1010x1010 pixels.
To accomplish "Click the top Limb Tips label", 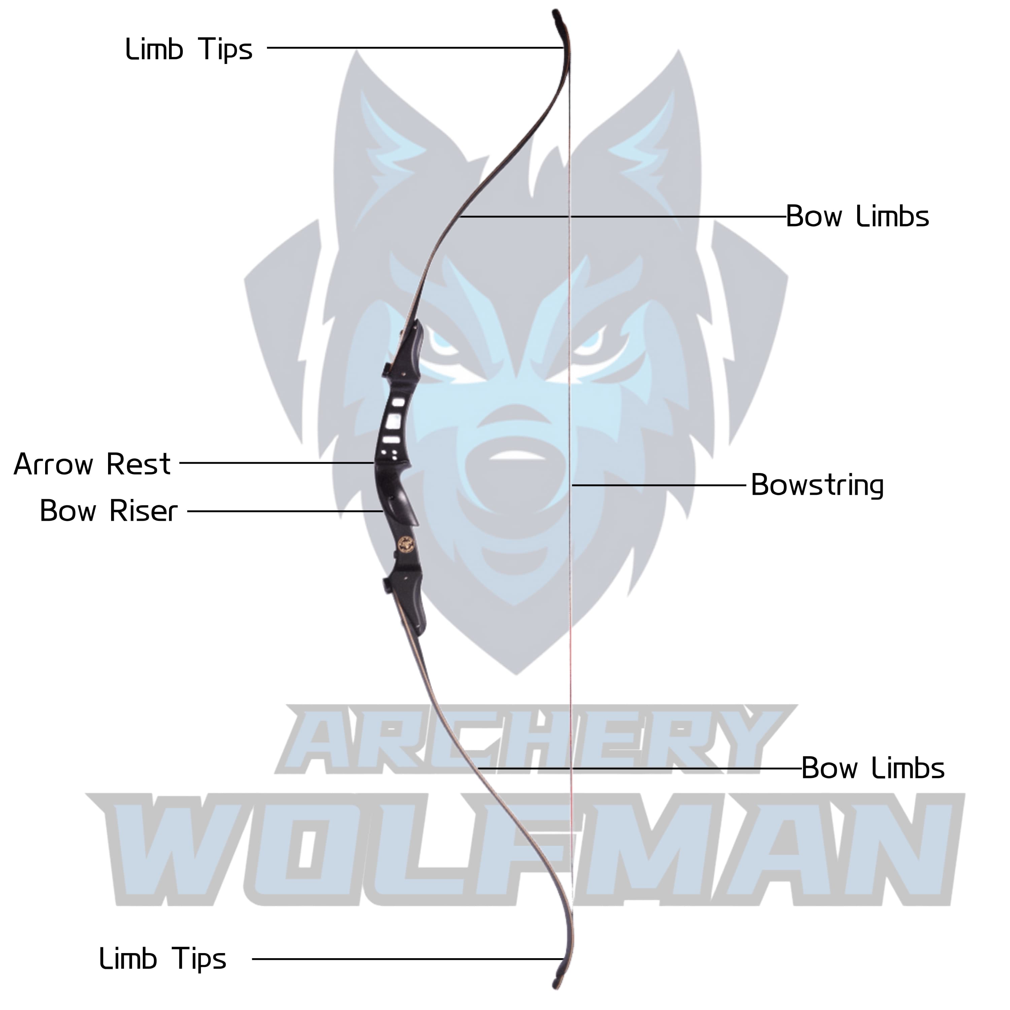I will (189, 50).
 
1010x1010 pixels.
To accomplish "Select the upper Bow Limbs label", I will (857, 216).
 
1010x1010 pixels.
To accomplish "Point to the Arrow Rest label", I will (92, 464).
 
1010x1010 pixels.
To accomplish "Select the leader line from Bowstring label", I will (659, 485).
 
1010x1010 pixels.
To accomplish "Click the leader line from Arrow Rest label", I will (277, 463).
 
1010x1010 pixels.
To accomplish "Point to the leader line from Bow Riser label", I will (285, 511).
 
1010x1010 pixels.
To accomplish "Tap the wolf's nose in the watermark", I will (515, 460).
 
